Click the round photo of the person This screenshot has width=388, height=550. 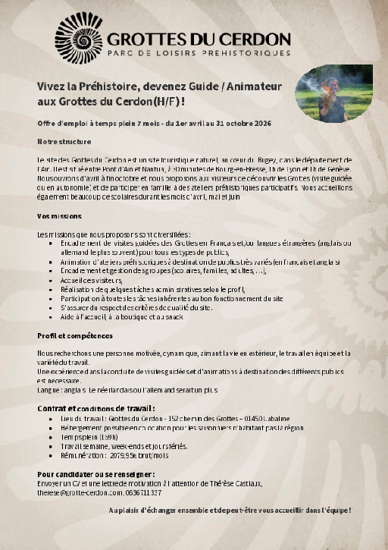pos(333,93)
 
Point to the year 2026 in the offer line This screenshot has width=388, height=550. pos(261,123)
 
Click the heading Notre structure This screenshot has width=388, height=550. pos(64,141)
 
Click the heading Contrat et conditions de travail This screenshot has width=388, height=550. pos(102,408)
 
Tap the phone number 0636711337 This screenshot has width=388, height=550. pos(145,492)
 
